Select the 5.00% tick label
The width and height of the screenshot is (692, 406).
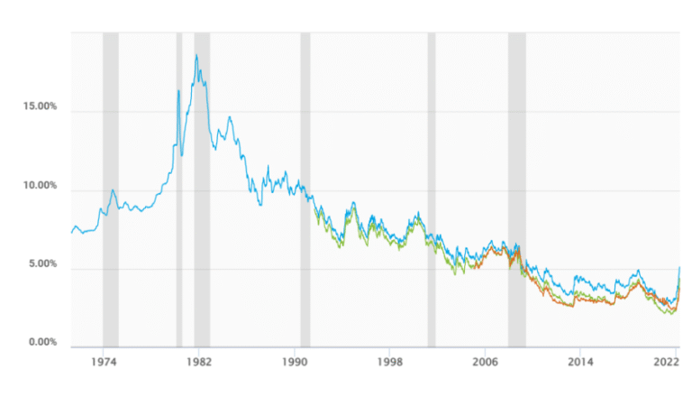point(41,265)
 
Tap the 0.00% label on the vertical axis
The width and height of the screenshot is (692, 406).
point(41,344)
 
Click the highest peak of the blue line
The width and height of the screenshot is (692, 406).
point(196,55)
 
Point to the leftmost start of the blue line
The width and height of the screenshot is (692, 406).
point(72,233)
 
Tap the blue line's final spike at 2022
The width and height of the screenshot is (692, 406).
point(678,267)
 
